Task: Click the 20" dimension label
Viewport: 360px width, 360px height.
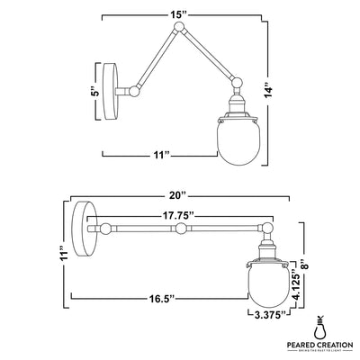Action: [176, 193]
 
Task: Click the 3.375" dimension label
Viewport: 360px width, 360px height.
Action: [265, 315]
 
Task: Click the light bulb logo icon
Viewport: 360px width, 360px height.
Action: [320, 326]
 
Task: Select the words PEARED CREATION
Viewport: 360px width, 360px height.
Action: [320, 345]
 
